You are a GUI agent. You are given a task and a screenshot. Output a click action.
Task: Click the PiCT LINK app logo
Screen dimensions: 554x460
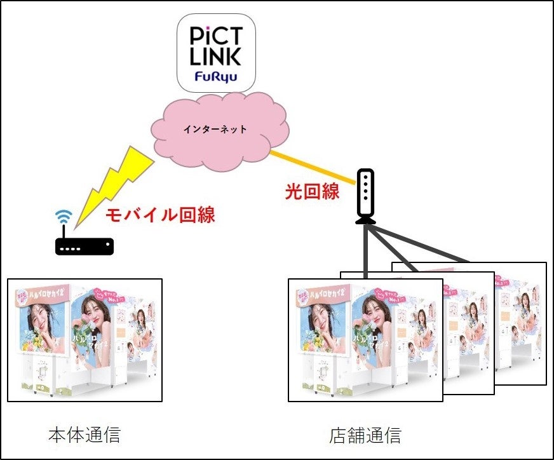click(216, 51)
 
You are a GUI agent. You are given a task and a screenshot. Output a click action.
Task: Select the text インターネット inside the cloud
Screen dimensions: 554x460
click(215, 129)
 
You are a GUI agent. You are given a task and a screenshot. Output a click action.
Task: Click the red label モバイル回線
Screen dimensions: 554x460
click(159, 215)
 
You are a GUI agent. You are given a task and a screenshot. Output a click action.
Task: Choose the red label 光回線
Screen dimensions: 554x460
click(312, 191)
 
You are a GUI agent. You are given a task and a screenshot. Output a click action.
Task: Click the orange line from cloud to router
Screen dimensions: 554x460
click(311, 166)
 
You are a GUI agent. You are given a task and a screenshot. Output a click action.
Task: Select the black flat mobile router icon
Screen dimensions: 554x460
click(84, 246)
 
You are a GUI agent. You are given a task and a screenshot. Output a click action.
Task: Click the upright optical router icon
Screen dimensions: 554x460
click(366, 196)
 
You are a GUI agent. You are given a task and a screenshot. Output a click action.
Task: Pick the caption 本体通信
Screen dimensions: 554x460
click(84, 436)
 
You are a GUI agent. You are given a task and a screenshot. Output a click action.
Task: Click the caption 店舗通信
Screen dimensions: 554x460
click(365, 436)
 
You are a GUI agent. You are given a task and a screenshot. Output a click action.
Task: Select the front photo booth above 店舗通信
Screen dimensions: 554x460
click(365, 340)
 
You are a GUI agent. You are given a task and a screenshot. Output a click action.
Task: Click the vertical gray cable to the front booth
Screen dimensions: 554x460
click(366, 251)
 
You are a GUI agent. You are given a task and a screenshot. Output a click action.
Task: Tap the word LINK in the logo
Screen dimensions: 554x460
click(216, 57)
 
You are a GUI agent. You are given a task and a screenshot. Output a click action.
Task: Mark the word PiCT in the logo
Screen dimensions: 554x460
click(216, 35)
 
